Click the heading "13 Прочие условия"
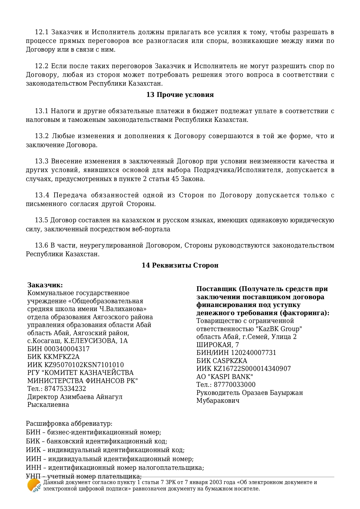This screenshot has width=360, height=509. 180,95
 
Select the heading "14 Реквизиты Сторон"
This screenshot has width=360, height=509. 180,265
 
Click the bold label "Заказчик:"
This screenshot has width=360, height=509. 45,285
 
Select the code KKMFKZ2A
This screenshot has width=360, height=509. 62,357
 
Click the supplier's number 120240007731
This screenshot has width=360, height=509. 253,353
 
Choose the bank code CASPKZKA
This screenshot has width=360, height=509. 230,361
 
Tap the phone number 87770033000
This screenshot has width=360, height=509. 235,385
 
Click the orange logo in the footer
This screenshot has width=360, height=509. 34,485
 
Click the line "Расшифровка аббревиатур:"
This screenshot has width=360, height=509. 69,424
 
